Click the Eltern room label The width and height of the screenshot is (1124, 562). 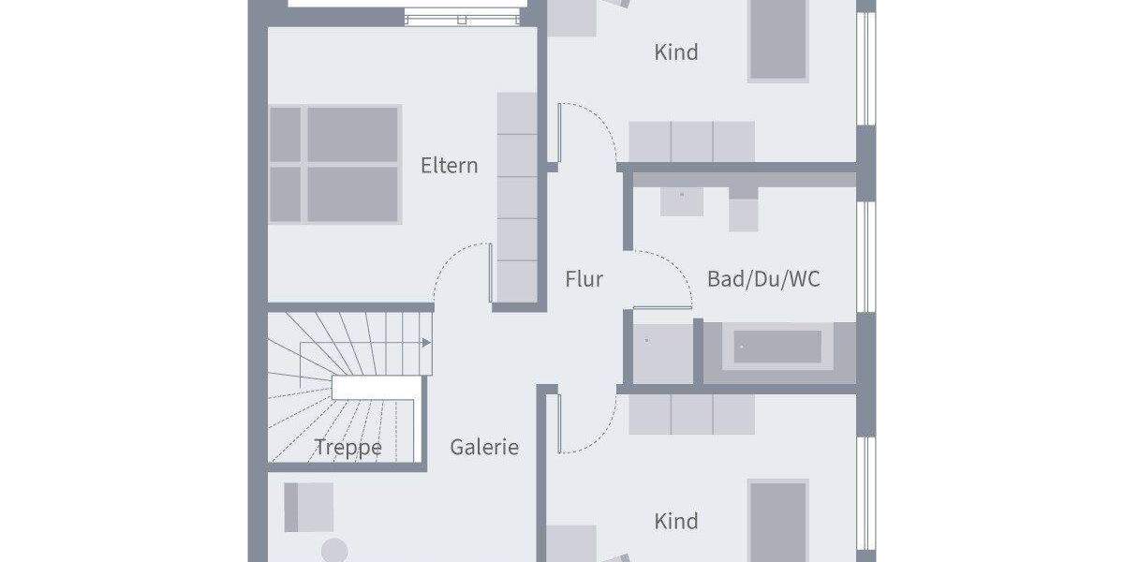(x=450, y=166)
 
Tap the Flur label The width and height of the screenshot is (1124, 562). (x=584, y=279)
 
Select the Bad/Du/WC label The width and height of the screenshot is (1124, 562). (x=763, y=279)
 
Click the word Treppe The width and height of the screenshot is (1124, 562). (x=348, y=448)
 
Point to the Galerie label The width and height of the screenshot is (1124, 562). (x=484, y=448)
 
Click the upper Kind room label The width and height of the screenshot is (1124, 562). (x=676, y=52)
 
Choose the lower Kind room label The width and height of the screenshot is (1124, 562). (x=676, y=521)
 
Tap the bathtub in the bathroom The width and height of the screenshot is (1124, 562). (x=777, y=347)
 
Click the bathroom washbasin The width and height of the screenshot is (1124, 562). (x=682, y=199)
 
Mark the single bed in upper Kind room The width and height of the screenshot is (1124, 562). (x=777, y=39)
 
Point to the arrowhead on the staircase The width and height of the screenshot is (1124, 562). (x=427, y=344)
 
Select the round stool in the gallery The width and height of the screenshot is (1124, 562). (x=334, y=551)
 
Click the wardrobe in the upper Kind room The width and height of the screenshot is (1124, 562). (x=691, y=141)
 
